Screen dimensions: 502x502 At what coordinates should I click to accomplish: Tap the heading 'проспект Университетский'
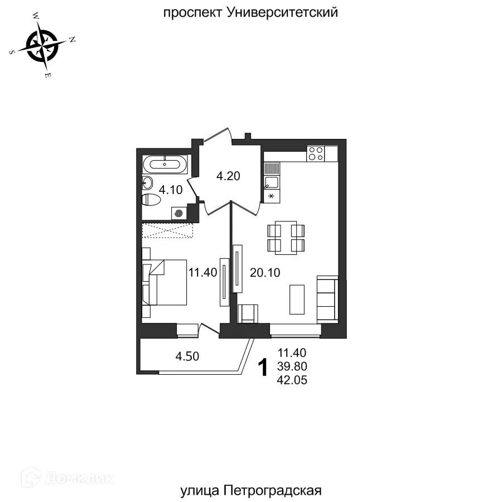pos(250,13)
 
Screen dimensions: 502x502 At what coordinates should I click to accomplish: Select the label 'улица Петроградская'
pos(251,491)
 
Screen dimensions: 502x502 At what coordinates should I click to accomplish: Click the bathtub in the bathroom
pos(165,165)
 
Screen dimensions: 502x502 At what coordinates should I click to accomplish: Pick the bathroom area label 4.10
pos(171,190)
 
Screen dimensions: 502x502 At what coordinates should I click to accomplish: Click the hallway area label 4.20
pos(228,176)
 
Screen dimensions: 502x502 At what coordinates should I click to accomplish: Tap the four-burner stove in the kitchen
pos(316,153)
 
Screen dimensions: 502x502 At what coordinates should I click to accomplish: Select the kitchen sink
pos(271,182)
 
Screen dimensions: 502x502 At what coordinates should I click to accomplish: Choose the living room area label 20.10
pos(266,273)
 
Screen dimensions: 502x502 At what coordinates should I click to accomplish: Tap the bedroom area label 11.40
pos(202,273)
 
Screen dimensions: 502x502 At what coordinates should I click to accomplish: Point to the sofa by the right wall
pos(327,298)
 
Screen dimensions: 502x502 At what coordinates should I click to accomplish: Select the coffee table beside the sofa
pos(297,299)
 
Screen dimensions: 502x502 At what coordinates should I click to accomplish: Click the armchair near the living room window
pos(248,313)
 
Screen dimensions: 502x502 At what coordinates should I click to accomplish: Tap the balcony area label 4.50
pos(187,356)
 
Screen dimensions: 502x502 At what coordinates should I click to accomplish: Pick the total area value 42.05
pos(292,380)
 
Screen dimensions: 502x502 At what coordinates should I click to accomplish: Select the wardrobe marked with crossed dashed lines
pos(167,230)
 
